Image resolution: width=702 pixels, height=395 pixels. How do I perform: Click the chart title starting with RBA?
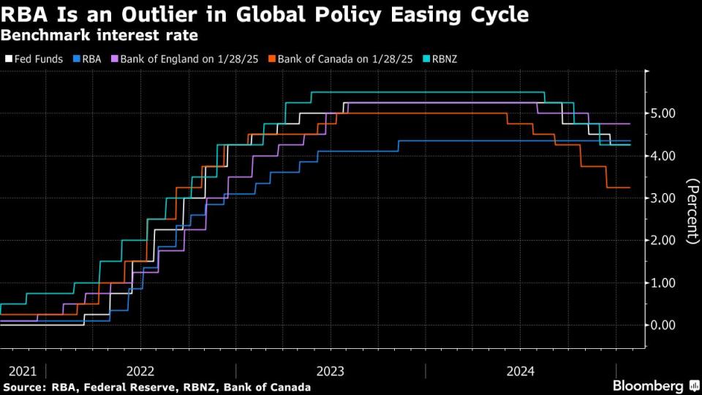(x=265, y=15)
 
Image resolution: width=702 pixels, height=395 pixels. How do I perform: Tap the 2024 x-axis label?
(x=521, y=371)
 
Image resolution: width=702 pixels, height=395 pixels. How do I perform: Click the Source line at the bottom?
(x=157, y=386)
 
